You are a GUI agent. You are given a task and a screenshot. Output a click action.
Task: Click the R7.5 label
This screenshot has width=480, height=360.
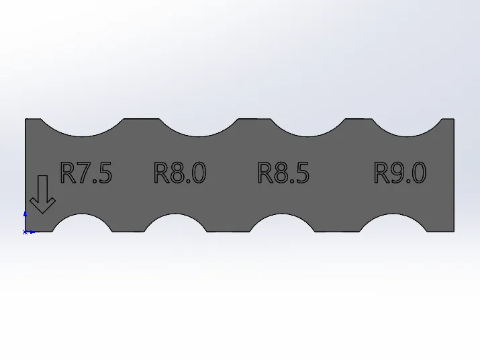coord(87,173)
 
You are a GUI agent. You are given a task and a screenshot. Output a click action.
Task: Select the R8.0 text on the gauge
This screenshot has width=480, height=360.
coord(180,173)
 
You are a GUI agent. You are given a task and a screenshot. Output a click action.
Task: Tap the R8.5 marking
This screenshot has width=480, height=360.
coord(283,173)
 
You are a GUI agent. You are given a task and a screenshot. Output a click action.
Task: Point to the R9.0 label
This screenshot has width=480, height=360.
coord(400,173)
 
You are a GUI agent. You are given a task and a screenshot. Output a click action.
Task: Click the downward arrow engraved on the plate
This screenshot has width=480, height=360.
coord(42,194)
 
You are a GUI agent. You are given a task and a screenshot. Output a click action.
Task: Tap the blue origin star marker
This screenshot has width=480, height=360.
coord(25,232)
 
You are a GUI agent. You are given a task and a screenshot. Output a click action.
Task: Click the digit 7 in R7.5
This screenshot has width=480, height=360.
coord(84,173)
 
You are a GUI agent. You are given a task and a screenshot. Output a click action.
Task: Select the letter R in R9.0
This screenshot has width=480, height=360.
coord(381,173)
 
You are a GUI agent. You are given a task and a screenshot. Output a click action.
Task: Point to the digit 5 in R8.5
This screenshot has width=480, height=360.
coord(303,173)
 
